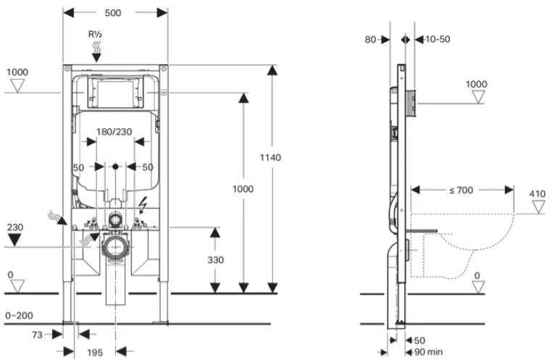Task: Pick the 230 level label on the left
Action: coord(15,226)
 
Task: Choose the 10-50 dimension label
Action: coord(438,39)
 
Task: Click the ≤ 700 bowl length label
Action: coord(461,190)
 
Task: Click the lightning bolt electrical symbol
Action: coord(143,204)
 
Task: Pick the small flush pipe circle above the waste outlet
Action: coord(114,218)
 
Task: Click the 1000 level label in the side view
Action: coord(476,84)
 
